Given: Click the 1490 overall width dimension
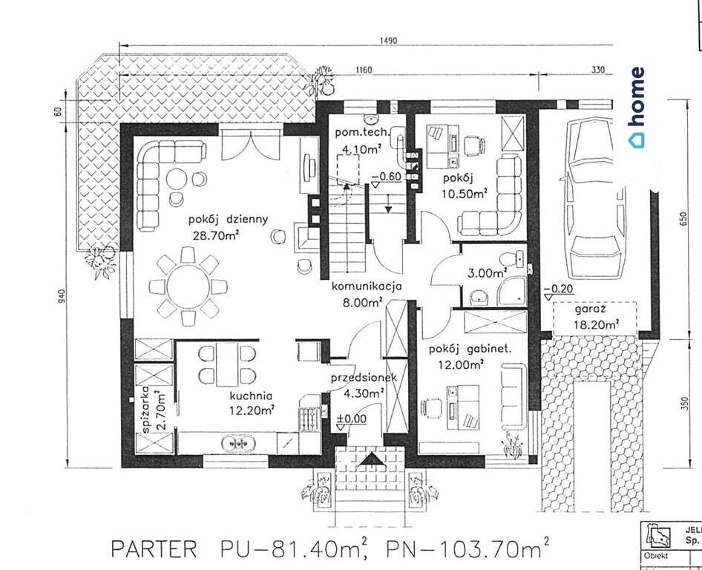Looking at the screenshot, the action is point(388,41).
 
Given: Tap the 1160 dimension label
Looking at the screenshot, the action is point(364,70).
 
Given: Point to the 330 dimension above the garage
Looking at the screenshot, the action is point(597,70).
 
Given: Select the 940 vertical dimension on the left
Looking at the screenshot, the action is point(62,296).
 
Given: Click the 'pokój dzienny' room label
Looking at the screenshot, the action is point(229,220).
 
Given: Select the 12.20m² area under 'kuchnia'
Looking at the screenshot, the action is point(252,410).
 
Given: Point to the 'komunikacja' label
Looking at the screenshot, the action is point(367,286).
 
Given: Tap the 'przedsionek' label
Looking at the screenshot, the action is point(364,379).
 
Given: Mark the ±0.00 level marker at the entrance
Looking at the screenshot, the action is point(352,419).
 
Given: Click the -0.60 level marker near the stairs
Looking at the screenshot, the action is point(387,177).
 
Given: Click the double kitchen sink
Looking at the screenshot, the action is point(239,443).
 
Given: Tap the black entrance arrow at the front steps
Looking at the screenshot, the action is point(370,461).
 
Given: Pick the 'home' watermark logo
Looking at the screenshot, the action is point(636,107).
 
